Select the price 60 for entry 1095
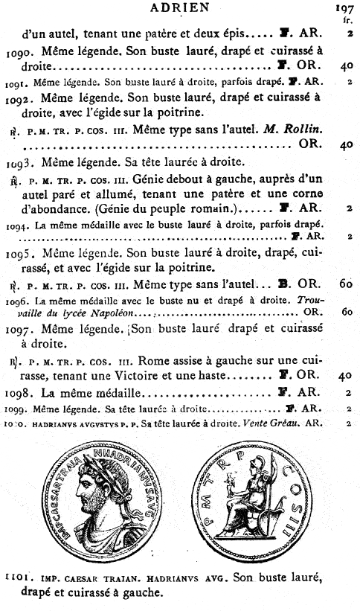(346, 284)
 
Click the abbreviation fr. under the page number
(347, 21)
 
